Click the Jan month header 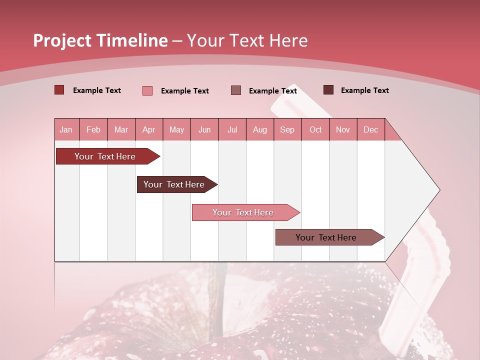pyautogui.click(x=66, y=130)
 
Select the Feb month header pyautogui.click(x=93, y=130)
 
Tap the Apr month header pyautogui.click(x=148, y=130)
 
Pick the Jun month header pyautogui.click(x=204, y=130)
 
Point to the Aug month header pyautogui.click(x=260, y=130)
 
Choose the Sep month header pyautogui.click(x=287, y=130)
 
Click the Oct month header pyautogui.click(x=315, y=130)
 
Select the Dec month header pyautogui.click(x=370, y=130)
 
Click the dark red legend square pyautogui.click(x=59, y=90)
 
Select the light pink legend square pyautogui.click(x=147, y=90)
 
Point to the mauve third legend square pyautogui.click(x=236, y=90)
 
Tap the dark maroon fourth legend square pyautogui.click(x=328, y=90)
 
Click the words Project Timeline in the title pyautogui.click(x=100, y=40)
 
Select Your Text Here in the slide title pyautogui.click(x=247, y=40)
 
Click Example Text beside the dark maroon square pyautogui.click(x=364, y=90)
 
